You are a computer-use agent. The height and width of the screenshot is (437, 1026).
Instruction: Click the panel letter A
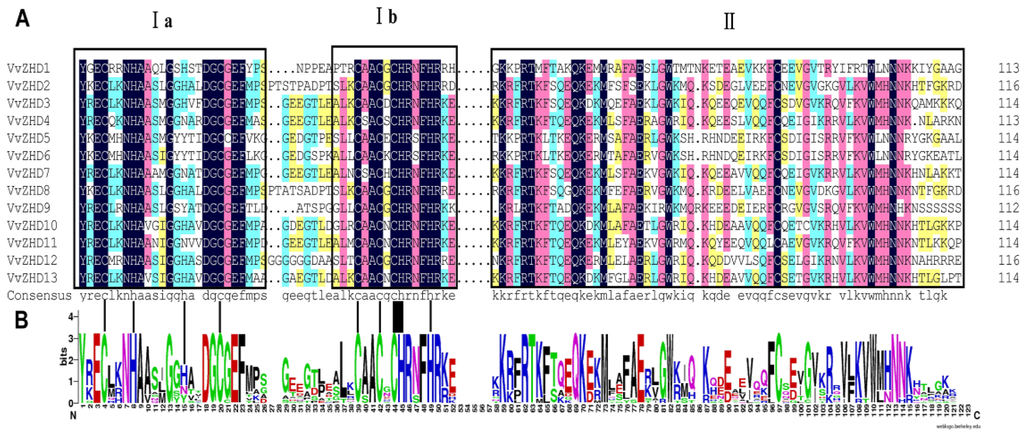point(22,19)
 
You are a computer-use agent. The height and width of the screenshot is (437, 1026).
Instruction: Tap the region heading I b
point(387,17)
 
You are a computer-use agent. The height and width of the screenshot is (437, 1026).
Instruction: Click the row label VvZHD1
point(28,68)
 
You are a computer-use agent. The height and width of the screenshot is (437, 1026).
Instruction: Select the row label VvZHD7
point(28,174)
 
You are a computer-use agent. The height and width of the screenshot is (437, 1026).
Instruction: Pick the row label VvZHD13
point(32,278)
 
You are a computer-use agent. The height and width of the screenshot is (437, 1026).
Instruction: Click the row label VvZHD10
point(32,226)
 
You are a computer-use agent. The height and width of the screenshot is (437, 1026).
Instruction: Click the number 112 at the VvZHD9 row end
point(1009,208)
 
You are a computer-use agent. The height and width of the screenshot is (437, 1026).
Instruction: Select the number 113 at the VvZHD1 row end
point(1009,68)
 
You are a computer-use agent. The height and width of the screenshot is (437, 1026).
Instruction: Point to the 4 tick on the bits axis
point(71,317)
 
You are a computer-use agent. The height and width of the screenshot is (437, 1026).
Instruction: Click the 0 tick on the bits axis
point(71,403)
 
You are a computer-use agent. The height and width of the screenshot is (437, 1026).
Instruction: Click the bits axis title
point(63,357)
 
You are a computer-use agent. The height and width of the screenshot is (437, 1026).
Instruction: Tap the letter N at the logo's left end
point(73,416)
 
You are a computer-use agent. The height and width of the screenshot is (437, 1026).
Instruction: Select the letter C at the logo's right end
point(976,416)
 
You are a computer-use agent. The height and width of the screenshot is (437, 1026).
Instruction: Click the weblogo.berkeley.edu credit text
point(958,426)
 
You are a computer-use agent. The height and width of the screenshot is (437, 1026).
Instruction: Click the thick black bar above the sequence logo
point(398,317)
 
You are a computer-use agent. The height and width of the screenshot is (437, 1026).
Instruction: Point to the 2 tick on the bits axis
point(71,360)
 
